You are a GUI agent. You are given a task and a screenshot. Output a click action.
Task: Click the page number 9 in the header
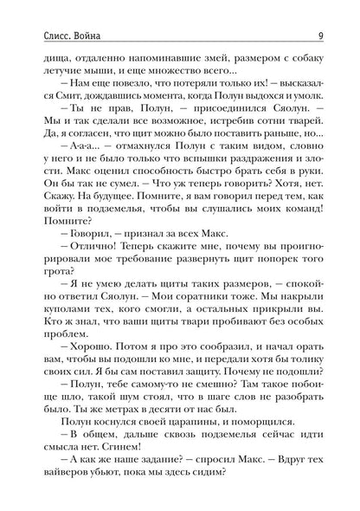321,11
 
